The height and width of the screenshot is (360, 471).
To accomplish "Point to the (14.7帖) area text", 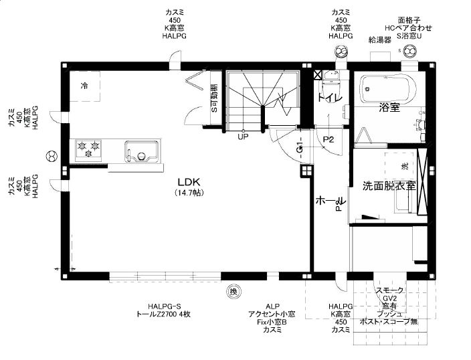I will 189,193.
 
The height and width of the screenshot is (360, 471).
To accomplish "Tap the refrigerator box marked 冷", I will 85,86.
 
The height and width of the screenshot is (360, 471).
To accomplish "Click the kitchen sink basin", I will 141,151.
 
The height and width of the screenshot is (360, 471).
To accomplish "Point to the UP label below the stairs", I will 243,137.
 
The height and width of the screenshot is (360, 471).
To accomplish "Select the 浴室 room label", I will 389,107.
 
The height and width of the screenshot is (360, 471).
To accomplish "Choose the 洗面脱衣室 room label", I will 389,185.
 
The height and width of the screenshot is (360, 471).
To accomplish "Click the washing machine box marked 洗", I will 404,165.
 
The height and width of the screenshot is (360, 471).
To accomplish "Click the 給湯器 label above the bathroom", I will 379,40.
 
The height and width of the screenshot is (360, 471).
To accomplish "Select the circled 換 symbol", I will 233,291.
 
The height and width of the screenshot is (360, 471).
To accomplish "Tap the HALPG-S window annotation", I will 165,306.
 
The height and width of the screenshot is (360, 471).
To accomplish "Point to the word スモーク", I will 389,290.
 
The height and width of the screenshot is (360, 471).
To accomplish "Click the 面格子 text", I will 409,20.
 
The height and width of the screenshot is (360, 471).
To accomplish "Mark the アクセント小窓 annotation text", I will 272,314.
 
